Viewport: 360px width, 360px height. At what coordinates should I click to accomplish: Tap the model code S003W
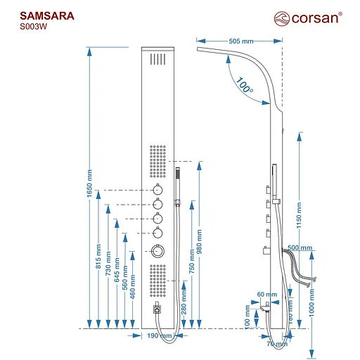(34, 27)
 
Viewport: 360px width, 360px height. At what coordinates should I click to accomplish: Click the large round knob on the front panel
(159, 252)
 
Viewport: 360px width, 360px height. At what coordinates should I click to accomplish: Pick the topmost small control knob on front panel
(159, 190)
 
